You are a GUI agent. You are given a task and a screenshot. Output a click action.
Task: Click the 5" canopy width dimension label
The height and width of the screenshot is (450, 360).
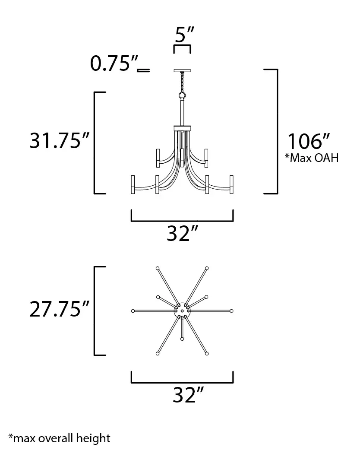click(184, 35)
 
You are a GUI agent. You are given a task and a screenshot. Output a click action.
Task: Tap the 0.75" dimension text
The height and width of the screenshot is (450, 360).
click(114, 63)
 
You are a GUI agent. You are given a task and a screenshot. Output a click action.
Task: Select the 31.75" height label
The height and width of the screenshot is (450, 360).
click(60, 140)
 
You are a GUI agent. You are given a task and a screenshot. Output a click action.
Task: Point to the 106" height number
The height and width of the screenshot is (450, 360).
click(308, 141)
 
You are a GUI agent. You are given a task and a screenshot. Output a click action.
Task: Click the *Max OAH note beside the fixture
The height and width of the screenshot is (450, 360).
click(312, 158)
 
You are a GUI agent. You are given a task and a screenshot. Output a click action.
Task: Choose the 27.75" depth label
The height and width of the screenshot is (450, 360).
click(60, 309)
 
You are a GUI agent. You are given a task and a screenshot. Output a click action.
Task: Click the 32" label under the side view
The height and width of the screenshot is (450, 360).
click(183, 233)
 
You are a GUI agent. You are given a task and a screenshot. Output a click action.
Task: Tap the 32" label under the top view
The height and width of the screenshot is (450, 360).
click(188, 395)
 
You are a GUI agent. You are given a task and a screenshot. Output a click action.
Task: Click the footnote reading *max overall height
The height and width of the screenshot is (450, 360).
click(59, 438)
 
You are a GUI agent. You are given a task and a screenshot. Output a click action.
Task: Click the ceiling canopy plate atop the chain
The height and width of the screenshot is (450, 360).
click(182, 70)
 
